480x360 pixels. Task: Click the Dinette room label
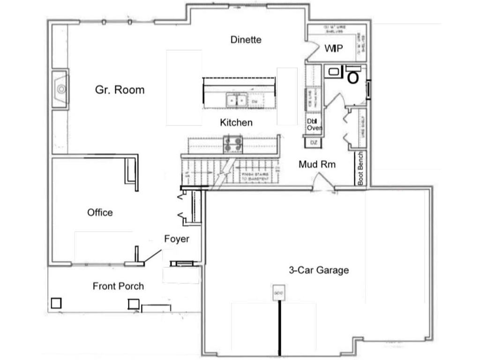(246, 40)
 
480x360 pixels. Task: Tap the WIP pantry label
(333, 48)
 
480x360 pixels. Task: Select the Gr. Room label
(120, 90)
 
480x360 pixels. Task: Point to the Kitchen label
(236, 123)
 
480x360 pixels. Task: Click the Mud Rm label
(317, 165)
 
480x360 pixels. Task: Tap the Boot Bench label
(361, 169)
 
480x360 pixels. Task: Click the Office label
(100, 212)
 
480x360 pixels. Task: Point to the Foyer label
(177, 239)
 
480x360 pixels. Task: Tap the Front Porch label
(118, 286)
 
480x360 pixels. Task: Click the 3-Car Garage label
(318, 270)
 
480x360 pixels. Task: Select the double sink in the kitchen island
(237, 100)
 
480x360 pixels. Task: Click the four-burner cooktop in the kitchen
(233, 144)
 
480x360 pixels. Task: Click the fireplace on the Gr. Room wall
(60, 89)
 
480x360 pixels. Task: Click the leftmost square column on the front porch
(56, 303)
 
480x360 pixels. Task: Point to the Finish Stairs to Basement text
(255, 177)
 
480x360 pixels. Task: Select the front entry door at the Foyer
(151, 256)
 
